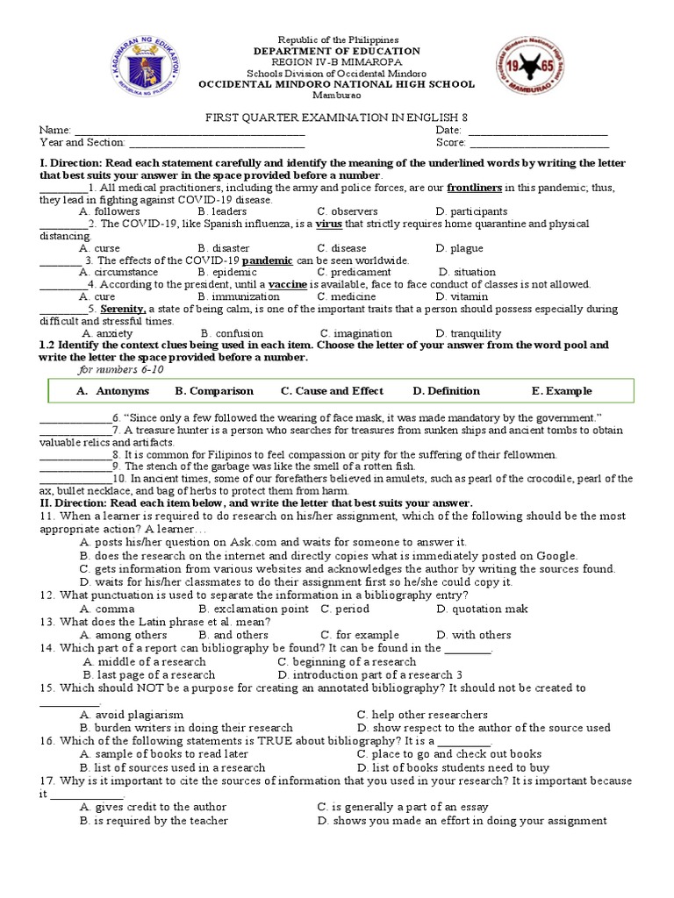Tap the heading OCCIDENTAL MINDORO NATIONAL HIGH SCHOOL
tap(337, 85)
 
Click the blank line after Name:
tap(188, 130)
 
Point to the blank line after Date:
tap(538, 130)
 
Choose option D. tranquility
tap(469, 333)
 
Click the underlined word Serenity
tap(122, 310)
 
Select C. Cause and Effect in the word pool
tap(332, 391)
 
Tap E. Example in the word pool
tap(562, 391)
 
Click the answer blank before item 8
tap(75, 454)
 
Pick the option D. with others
tap(473, 635)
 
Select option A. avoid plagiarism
tap(132, 715)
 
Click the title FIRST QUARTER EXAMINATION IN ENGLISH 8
tap(337, 118)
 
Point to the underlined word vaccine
tap(288, 285)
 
